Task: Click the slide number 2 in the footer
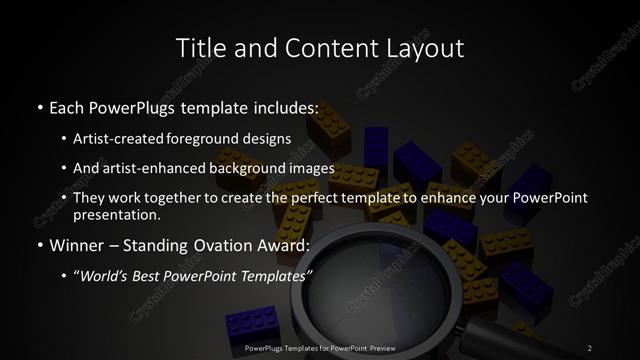[590, 347]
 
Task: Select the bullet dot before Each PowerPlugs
[39, 105]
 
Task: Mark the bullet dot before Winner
[39, 244]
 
